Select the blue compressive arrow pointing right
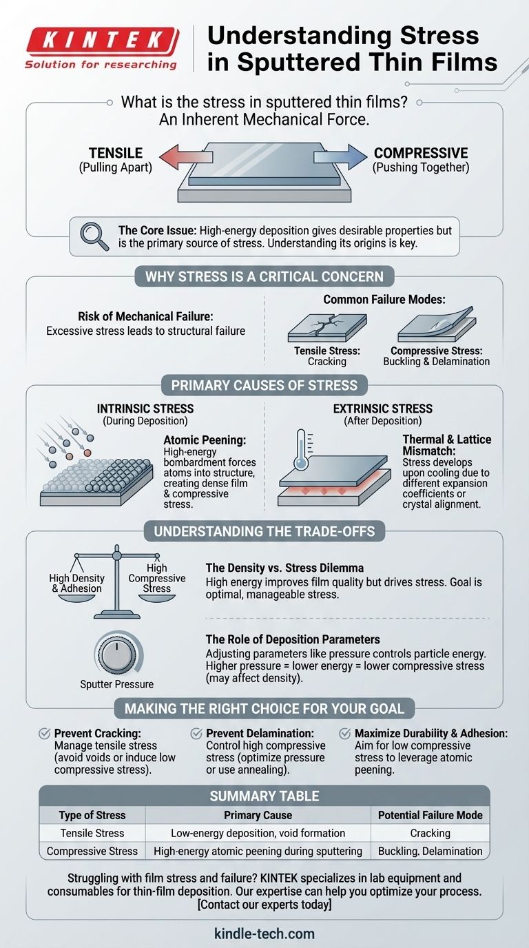tap(340, 156)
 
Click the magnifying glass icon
tap(94, 236)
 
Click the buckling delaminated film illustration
tap(437, 324)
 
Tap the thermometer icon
tap(301, 449)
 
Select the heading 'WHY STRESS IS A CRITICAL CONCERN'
tap(264, 276)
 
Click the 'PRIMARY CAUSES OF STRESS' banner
tap(264, 385)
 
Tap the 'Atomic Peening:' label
tap(205, 440)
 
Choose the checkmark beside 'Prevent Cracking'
tap(45, 734)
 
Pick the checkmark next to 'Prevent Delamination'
tap(196, 734)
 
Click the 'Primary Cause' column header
tap(258, 815)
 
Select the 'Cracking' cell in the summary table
tap(430, 833)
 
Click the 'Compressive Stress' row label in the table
tap(92, 851)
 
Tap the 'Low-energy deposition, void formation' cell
tap(258, 833)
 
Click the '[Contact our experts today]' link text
tap(264, 905)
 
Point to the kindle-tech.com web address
tap(264, 934)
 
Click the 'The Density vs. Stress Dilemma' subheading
tap(284, 568)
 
